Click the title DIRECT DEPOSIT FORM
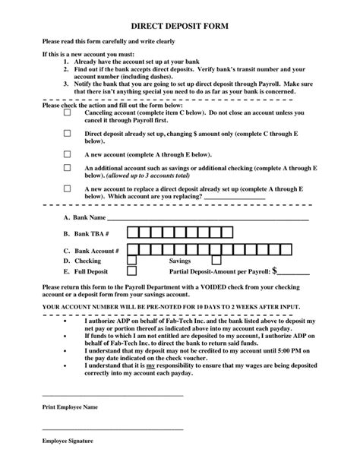[x=179, y=25]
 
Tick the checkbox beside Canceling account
[x=67, y=112]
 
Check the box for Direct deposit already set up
[x=67, y=131]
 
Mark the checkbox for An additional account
[x=67, y=167]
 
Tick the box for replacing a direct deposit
[x=67, y=188]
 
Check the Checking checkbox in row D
[x=132, y=260]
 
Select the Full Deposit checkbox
[x=132, y=270]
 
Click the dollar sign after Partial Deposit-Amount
[x=276, y=270]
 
